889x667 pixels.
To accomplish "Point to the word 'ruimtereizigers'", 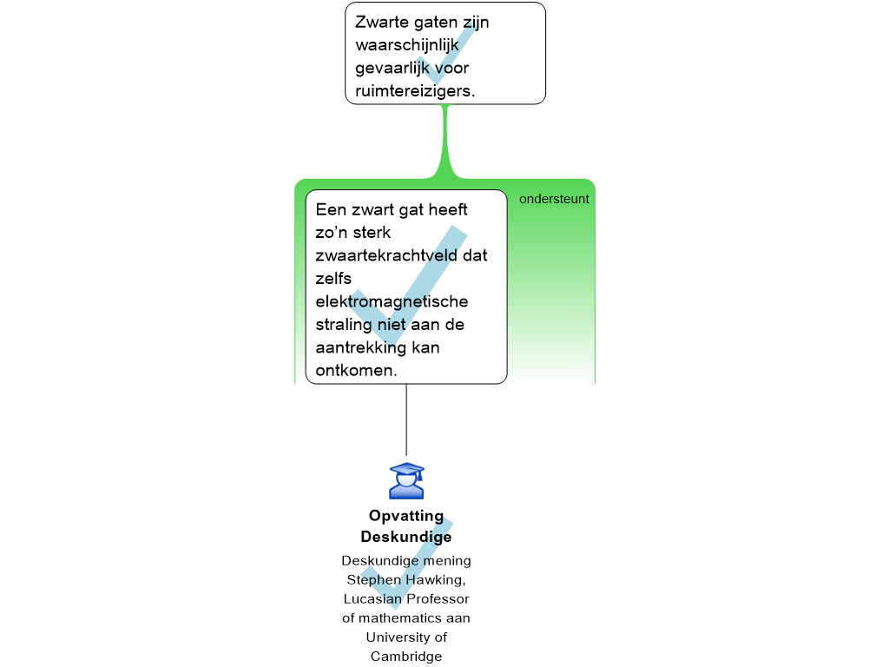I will [x=413, y=91].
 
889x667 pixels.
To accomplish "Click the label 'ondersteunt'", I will [x=554, y=199].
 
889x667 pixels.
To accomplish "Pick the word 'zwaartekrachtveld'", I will [x=401, y=256].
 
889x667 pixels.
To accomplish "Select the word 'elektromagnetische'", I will [x=392, y=301].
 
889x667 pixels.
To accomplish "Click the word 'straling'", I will [x=344, y=325].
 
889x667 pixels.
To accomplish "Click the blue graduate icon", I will [x=406, y=481].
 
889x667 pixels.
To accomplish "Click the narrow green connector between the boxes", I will [x=445, y=139].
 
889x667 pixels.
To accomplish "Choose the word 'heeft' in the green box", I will [x=444, y=210].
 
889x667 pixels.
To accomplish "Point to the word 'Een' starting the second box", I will [x=331, y=210].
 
